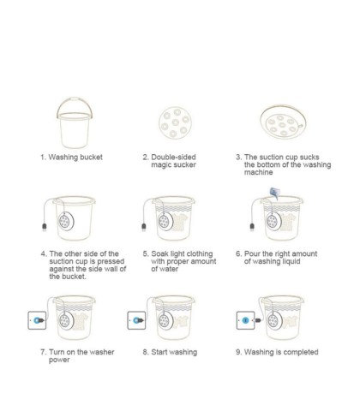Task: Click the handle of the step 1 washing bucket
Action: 75,99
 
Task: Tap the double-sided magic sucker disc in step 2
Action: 175,122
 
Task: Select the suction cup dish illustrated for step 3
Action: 283,122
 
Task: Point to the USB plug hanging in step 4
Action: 45,227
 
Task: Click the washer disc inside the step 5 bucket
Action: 165,222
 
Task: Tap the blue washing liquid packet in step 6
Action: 275,194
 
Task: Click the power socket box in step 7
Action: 37,320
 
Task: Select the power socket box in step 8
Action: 136,320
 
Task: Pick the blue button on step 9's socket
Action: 245,320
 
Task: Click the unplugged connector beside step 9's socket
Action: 257,320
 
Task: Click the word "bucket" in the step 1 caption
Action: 91,157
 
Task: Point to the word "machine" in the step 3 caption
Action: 258,172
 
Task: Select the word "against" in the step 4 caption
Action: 61,269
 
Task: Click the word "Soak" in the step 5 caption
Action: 159,253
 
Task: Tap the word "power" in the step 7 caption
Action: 59,360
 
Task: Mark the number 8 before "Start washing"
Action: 146,352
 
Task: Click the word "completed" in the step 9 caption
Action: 301,352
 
